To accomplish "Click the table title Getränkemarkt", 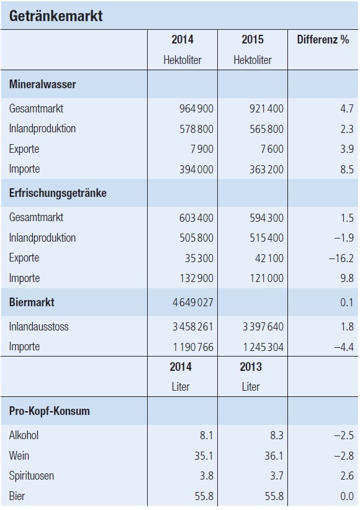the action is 56,16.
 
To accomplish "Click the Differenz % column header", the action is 323,40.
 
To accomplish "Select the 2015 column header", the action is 253,40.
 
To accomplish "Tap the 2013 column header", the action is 251,367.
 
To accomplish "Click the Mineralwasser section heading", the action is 43,84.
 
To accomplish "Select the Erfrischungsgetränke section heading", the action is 58,193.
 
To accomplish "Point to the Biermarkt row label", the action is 32,302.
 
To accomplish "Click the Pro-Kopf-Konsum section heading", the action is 50,411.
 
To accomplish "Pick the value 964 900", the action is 196,109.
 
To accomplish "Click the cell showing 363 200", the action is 266,170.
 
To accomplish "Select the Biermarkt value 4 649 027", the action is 192,303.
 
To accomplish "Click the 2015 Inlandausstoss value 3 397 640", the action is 263,327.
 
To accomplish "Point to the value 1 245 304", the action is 263,347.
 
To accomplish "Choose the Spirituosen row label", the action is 32,476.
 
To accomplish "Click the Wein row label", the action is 19,456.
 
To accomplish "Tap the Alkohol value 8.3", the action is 277,435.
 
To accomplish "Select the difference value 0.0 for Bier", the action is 347,496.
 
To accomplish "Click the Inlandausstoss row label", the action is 38,327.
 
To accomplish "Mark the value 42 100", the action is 269,258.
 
